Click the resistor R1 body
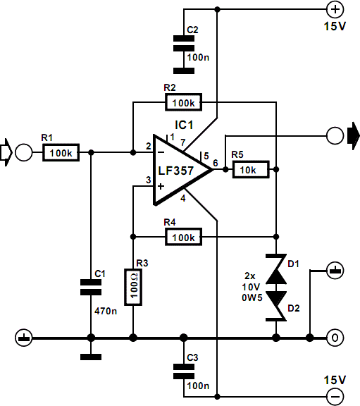[x=62, y=152]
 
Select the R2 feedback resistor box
[x=183, y=103]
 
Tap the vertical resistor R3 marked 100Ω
[x=133, y=288]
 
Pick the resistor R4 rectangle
[x=183, y=237]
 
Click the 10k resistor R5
[x=250, y=170]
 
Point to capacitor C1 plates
[x=91, y=285]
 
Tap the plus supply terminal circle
[x=335, y=10]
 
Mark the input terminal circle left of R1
[x=24, y=152]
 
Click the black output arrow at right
[x=352, y=134]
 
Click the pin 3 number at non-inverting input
[x=148, y=180]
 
